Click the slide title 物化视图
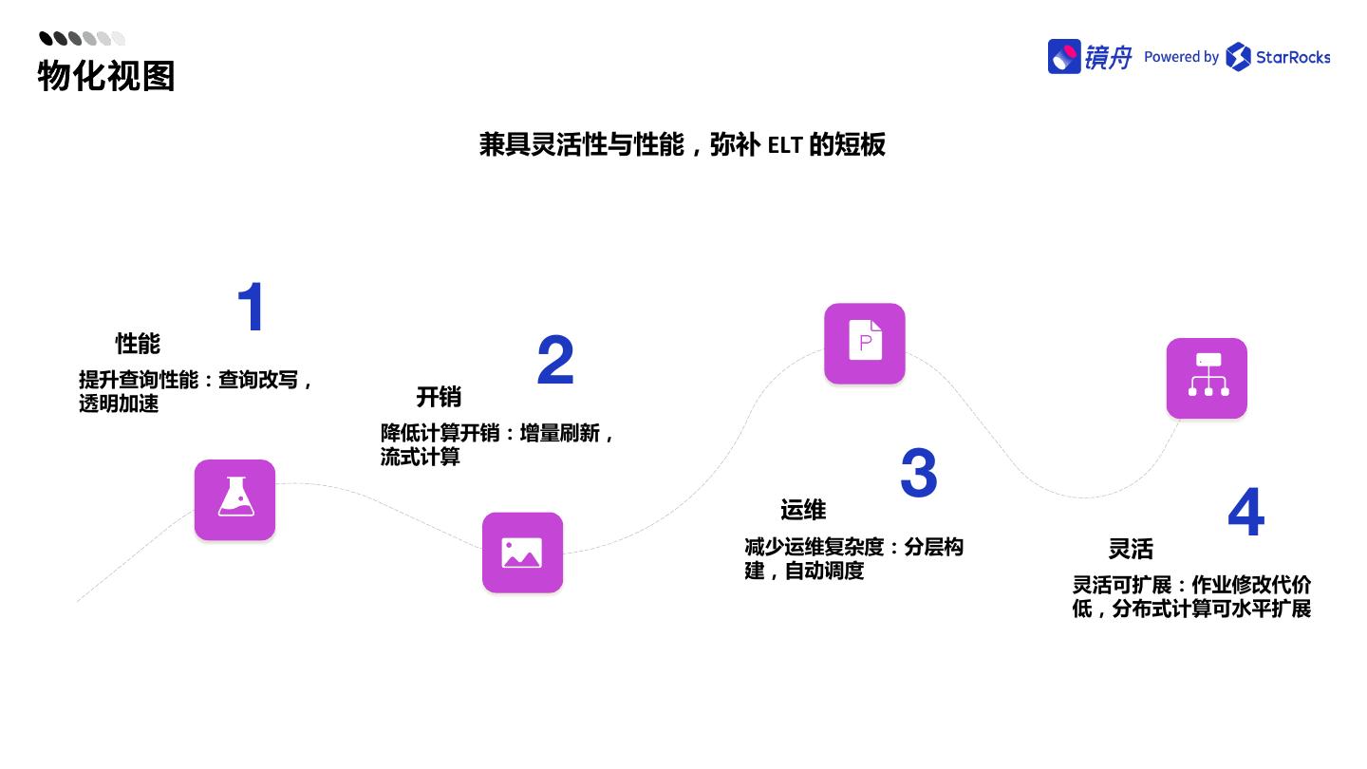click(x=106, y=76)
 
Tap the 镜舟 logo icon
click(x=1064, y=57)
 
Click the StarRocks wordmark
click(x=1292, y=57)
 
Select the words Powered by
click(x=1181, y=57)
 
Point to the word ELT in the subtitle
click(x=785, y=145)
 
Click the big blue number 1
click(x=251, y=308)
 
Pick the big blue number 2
click(x=555, y=361)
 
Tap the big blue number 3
click(x=918, y=474)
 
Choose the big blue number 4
click(x=1245, y=513)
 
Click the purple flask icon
click(x=234, y=500)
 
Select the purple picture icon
click(x=522, y=553)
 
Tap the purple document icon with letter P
click(x=864, y=344)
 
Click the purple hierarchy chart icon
click(x=1207, y=378)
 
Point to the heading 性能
click(x=138, y=344)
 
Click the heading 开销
click(x=439, y=397)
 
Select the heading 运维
click(x=803, y=511)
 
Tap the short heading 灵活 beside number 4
click(x=1131, y=549)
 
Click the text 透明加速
click(x=119, y=403)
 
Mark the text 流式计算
click(x=421, y=457)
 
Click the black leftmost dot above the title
click(x=46, y=38)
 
